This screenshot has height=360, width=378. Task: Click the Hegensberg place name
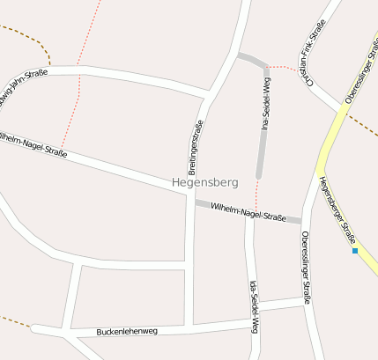[205, 183]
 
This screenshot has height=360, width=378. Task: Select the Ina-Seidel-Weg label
[265, 105]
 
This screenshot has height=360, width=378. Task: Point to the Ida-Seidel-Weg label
[254, 307]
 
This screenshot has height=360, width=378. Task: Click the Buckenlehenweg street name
[128, 332]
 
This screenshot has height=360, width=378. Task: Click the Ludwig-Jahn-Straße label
[21, 89]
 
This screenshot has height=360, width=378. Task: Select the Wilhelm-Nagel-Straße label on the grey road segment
[249, 211]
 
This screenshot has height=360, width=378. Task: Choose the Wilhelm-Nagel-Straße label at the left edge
[33, 143]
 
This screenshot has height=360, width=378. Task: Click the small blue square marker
[355, 251]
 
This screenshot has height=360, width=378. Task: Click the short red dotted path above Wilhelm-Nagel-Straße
[257, 194]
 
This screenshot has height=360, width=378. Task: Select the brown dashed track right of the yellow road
[361, 124]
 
